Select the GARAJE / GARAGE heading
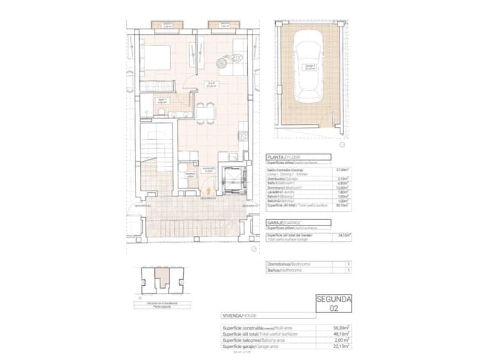pyautogui.click(x=287, y=221)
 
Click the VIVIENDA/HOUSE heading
pyautogui.click(x=240, y=315)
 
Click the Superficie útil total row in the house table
pyautogui.click(x=257, y=334)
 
